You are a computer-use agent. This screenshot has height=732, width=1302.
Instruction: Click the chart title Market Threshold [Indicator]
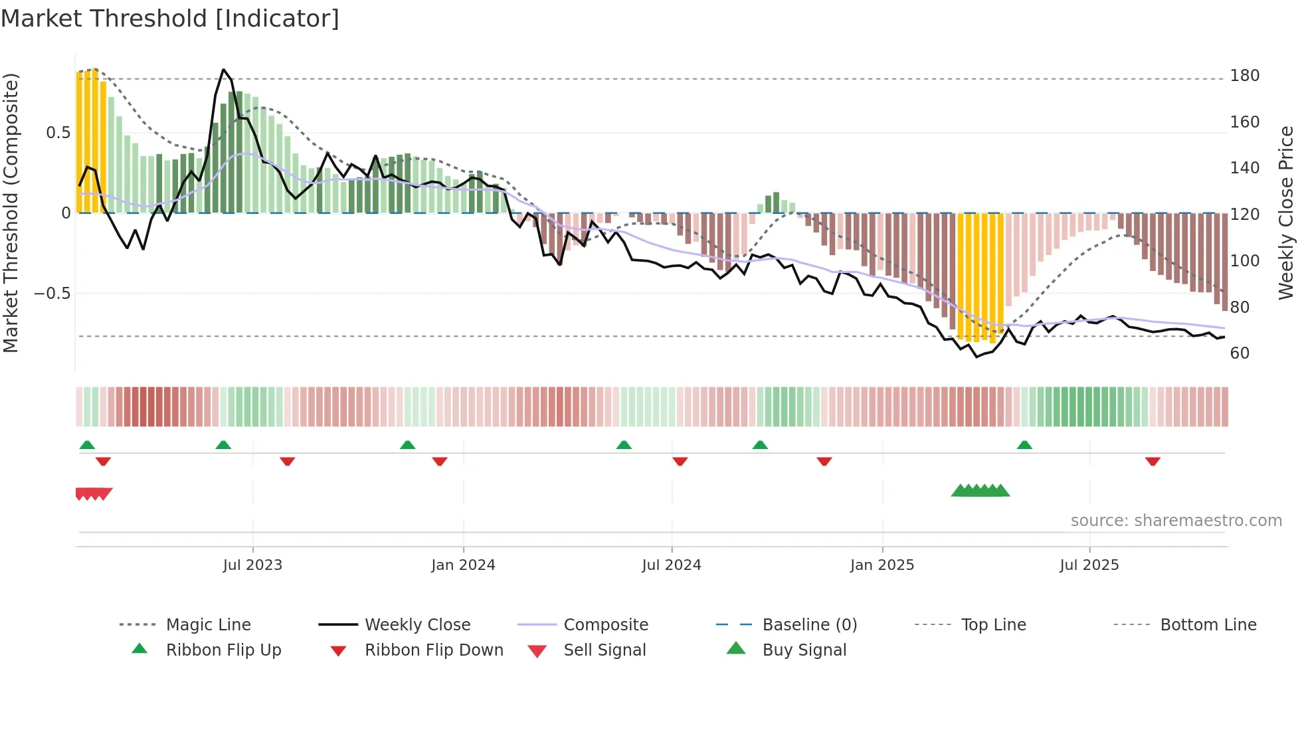click(170, 19)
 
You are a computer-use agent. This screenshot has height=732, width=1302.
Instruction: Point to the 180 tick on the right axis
click(1244, 76)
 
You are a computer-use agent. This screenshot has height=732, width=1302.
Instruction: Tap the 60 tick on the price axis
click(1240, 353)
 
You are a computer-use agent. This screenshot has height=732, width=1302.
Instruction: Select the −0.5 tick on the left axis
click(52, 294)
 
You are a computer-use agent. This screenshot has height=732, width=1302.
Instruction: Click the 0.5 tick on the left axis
click(58, 133)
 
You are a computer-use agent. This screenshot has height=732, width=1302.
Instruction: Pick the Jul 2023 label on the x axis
click(252, 565)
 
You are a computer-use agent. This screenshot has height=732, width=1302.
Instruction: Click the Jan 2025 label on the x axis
click(882, 565)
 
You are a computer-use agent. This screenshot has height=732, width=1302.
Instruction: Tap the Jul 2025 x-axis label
click(1089, 565)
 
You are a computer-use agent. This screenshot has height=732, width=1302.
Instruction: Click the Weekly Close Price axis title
click(1286, 213)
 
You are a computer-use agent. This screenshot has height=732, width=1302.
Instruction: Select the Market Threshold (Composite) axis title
click(11, 213)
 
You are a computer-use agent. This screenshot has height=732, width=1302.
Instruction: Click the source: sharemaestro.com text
click(1176, 521)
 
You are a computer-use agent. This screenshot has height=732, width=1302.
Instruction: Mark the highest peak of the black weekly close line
click(224, 70)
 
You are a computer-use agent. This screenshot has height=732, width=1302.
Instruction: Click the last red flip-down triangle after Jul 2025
click(1153, 461)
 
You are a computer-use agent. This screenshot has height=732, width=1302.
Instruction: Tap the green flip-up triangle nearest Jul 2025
click(1024, 445)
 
